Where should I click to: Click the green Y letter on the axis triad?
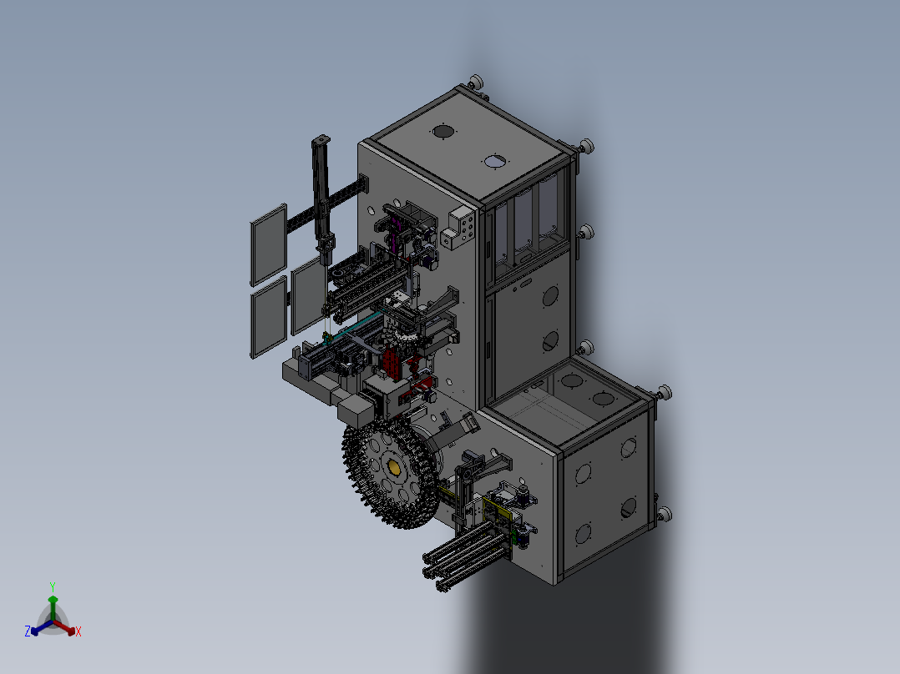[53, 586]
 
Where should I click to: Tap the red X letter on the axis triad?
[78, 631]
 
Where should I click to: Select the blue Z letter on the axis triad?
[28, 631]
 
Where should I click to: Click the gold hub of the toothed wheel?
[394, 468]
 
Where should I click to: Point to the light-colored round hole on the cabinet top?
[495, 162]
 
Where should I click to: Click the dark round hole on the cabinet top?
[442, 132]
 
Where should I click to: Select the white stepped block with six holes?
[459, 229]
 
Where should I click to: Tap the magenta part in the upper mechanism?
[393, 234]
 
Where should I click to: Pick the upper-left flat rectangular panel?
[269, 245]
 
